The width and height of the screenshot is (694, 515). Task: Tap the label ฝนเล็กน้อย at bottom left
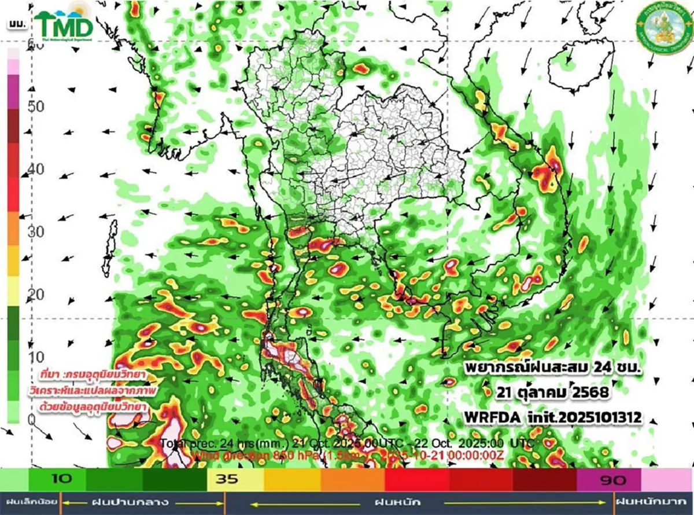tap(29, 502)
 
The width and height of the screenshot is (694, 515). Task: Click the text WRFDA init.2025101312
tap(553, 416)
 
